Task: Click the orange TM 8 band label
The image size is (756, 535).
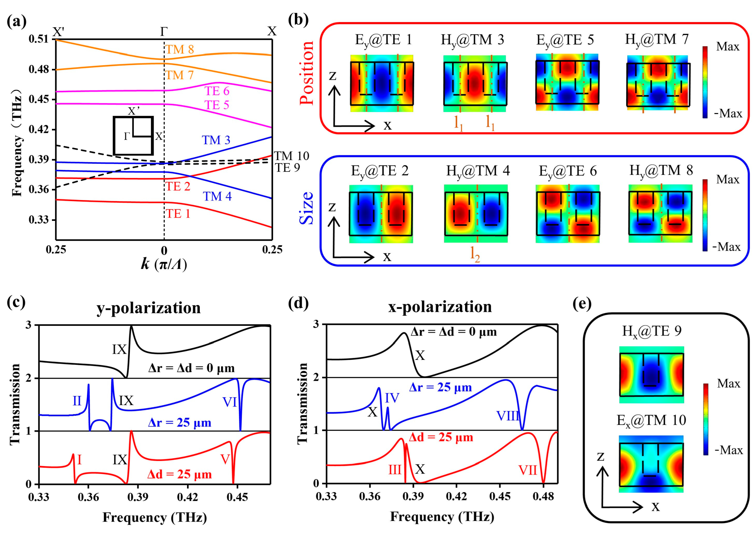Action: (x=180, y=49)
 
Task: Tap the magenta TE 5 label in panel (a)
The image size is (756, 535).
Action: (x=217, y=105)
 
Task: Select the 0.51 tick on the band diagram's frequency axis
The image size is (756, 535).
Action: (x=38, y=39)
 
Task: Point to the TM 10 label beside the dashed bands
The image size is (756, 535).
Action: (x=291, y=156)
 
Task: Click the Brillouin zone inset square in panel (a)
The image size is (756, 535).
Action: (x=133, y=135)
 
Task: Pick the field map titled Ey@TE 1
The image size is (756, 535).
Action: (x=382, y=83)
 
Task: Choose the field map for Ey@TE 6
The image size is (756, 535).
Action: (x=568, y=213)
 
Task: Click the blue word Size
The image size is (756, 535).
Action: (x=307, y=208)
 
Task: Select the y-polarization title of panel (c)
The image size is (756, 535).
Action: (x=148, y=308)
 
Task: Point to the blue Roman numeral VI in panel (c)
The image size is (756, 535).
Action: (x=230, y=402)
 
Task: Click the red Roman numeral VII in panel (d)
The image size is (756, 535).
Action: (x=527, y=470)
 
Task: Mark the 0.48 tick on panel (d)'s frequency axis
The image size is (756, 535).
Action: (x=543, y=496)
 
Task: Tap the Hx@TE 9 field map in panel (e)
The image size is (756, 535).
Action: (x=651, y=375)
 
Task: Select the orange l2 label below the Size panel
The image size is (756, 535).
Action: (x=475, y=254)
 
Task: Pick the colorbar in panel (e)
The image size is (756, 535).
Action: (x=706, y=419)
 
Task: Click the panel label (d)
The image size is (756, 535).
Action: (x=298, y=303)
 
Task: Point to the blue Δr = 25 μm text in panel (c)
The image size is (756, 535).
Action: (x=180, y=423)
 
